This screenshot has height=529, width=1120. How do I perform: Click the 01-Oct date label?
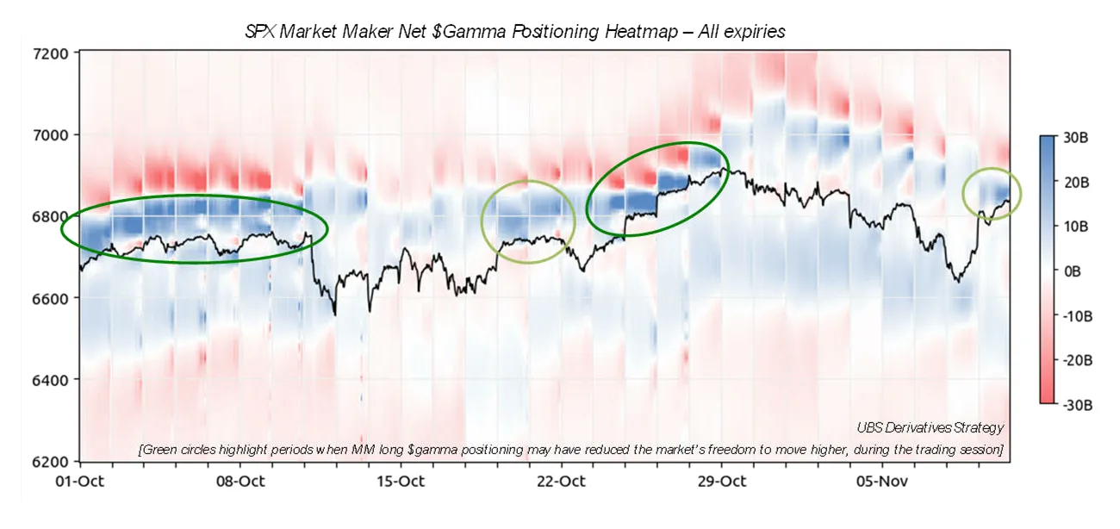click(79, 481)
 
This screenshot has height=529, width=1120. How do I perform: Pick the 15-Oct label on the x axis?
click(400, 481)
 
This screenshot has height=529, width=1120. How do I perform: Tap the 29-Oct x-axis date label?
click(721, 481)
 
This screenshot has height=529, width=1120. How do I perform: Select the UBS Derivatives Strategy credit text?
click(930, 427)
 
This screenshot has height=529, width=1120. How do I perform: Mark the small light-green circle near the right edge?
click(992, 194)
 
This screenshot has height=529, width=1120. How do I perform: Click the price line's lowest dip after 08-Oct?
click(334, 314)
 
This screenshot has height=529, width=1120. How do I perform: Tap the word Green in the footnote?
click(163, 450)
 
